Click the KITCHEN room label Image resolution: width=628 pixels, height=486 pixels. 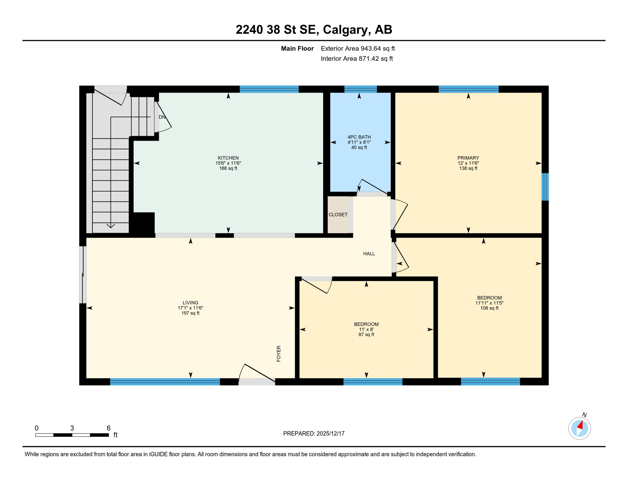pyautogui.click(x=228, y=158)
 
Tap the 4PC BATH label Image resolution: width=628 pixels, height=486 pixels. pyautogui.click(x=359, y=137)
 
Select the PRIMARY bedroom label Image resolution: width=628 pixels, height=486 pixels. pyautogui.click(x=468, y=158)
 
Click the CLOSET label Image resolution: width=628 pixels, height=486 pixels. pyautogui.click(x=338, y=215)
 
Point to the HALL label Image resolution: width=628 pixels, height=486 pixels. pyautogui.click(x=369, y=253)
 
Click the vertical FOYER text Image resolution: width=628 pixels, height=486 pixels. pyautogui.click(x=279, y=353)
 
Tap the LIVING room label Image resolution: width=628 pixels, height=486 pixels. pyautogui.click(x=190, y=302)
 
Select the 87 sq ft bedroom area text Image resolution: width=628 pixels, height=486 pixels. pyautogui.click(x=366, y=334)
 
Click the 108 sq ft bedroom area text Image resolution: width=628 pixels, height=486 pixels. pyautogui.click(x=489, y=308)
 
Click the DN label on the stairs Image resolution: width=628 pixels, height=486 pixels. pyautogui.click(x=162, y=117)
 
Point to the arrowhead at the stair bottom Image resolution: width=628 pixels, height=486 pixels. pyautogui.click(x=111, y=226)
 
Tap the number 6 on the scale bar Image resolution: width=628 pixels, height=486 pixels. pyautogui.click(x=108, y=428)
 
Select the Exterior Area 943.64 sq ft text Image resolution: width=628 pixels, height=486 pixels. pyautogui.click(x=358, y=48)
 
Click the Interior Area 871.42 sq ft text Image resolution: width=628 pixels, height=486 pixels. pyautogui.click(x=357, y=59)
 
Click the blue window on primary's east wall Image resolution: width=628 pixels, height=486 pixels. pyautogui.click(x=545, y=187)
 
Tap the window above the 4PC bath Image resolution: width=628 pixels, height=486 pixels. pyautogui.click(x=360, y=89)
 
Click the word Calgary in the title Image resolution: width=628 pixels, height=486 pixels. pyautogui.click(x=346, y=29)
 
